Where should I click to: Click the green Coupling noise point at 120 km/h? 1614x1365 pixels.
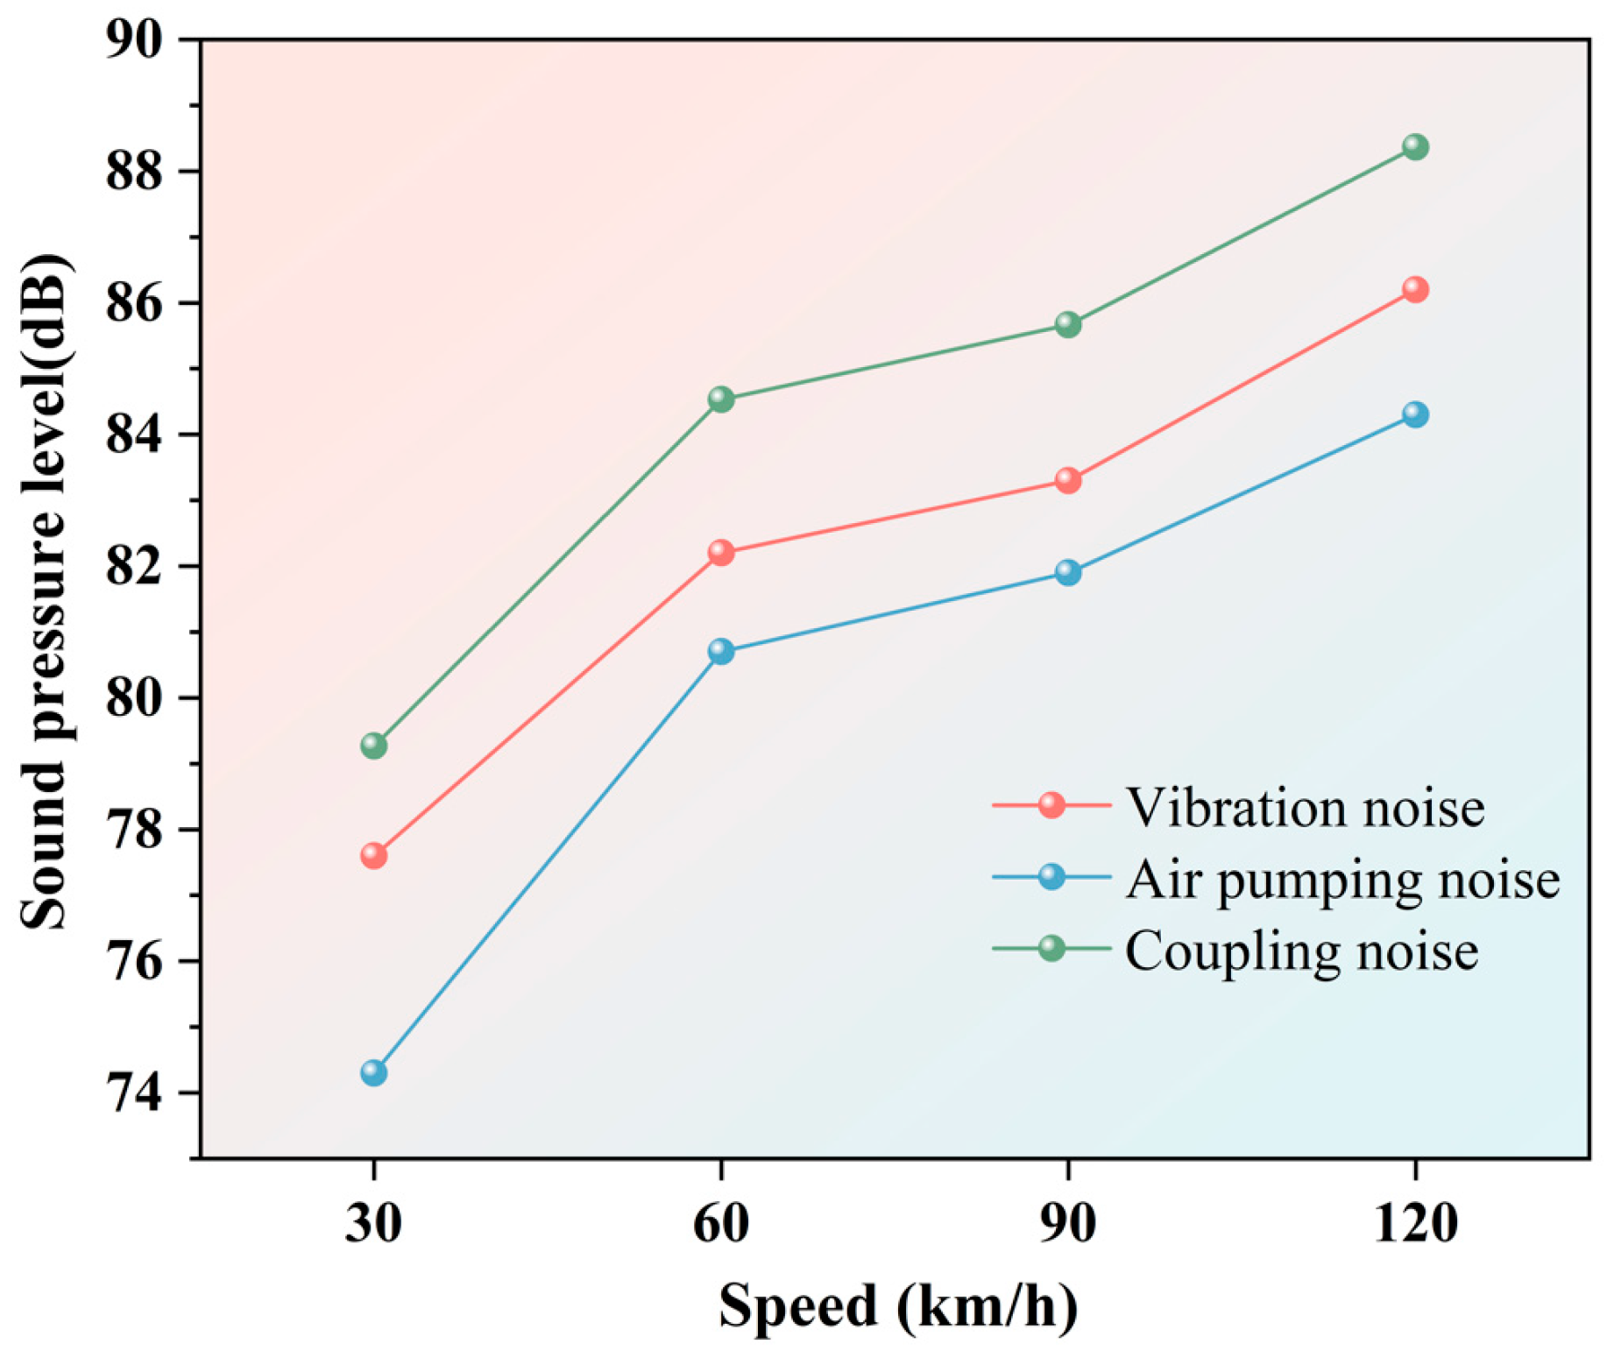[x=1414, y=146]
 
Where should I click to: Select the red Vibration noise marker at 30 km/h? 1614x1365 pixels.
[x=374, y=854]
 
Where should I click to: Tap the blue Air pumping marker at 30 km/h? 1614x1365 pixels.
[x=374, y=1072]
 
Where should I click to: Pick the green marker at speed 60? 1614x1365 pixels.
[x=720, y=399]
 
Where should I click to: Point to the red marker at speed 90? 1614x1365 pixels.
[x=1067, y=480]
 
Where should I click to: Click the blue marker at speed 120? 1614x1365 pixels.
[x=1414, y=414]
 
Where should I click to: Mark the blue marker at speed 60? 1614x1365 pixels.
[x=720, y=651]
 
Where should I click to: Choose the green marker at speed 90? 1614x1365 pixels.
[x=1067, y=324]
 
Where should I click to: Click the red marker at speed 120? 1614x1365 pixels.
[x=1414, y=289]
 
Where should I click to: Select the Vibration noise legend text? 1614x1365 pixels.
[x=1305, y=807]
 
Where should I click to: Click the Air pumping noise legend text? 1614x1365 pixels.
[x=1342, y=879]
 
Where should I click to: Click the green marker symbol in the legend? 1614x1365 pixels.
[x=1051, y=948]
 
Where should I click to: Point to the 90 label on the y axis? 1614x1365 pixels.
[x=134, y=39]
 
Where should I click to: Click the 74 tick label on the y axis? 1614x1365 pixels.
[x=134, y=1093]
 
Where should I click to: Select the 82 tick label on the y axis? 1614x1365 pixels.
[x=134, y=567]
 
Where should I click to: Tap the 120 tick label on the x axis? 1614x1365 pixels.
[x=1414, y=1223]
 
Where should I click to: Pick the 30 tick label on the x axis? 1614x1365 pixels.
[x=374, y=1223]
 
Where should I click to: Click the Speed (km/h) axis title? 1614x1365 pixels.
[x=897, y=1305]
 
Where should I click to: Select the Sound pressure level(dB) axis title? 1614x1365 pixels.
[x=44, y=591]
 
